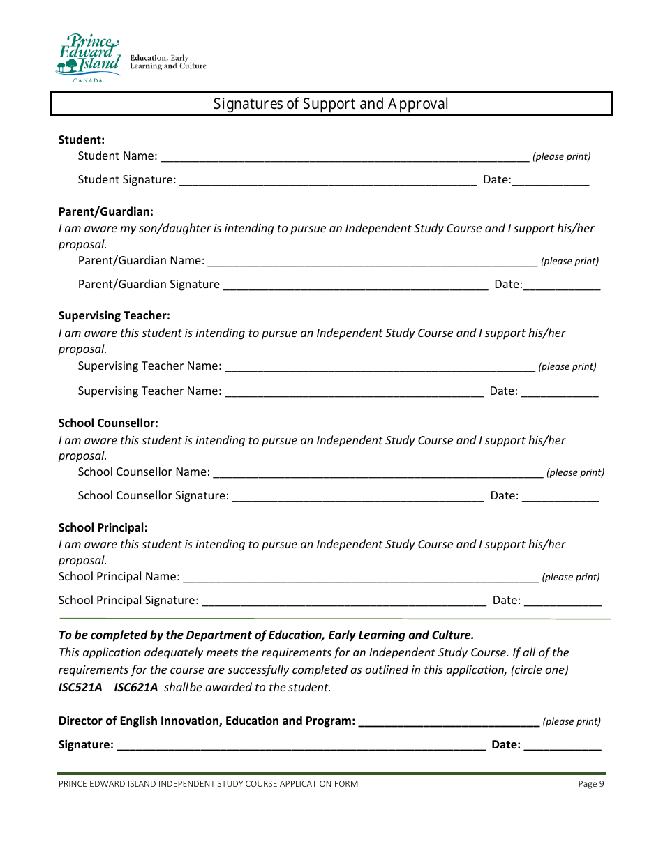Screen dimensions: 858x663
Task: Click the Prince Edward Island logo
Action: pyautogui.click(x=88, y=58)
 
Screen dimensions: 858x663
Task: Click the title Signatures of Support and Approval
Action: pyautogui.click(x=331, y=104)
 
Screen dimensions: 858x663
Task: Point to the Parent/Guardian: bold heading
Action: pyautogui.click(x=106, y=211)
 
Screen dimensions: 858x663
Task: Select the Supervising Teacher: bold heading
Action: pyautogui.click(x=114, y=315)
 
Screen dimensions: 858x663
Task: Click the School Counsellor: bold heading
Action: pyautogui.click(x=108, y=423)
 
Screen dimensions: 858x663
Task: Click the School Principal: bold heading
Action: pyautogui.click(x=103, y=527)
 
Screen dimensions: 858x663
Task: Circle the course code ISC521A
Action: pyautogui.click(x=80, y=687)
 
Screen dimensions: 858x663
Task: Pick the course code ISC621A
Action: pyautogui.click(x=136, y=687)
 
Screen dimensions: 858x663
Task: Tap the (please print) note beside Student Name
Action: pyautogui.click(x=562, y=156)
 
